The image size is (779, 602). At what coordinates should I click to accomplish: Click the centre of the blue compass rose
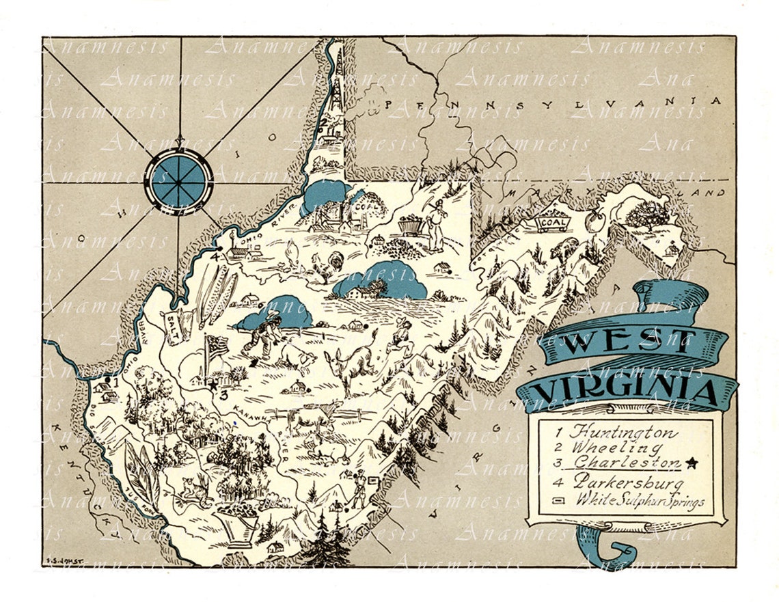point(179,179)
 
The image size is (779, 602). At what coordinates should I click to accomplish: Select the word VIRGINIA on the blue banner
point(625,392)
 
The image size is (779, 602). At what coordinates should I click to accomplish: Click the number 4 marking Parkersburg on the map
point(215,257)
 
